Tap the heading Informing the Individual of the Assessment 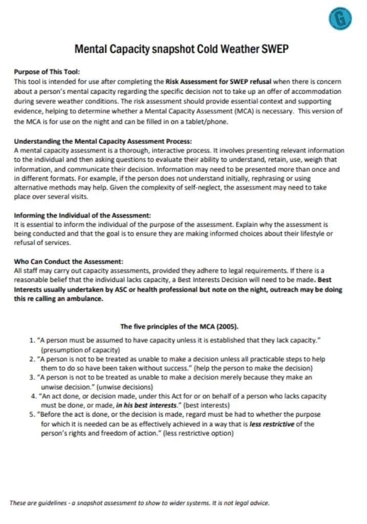pyautogui.click(x=82, y=215)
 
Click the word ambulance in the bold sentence pyautogui.click(x=88, y=299)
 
